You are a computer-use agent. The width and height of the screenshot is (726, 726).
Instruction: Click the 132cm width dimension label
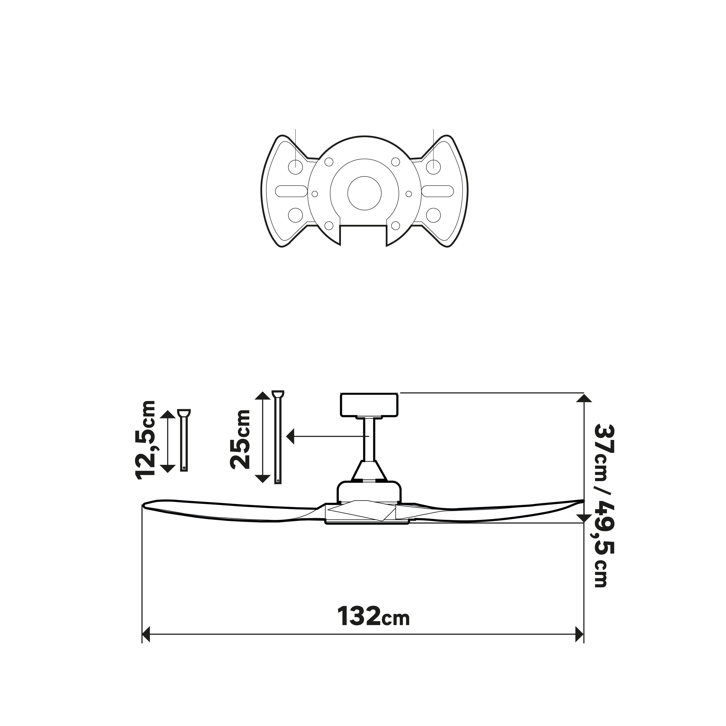click(373, 616)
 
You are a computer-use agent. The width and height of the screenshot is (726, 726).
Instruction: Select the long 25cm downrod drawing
click(278, 438)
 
